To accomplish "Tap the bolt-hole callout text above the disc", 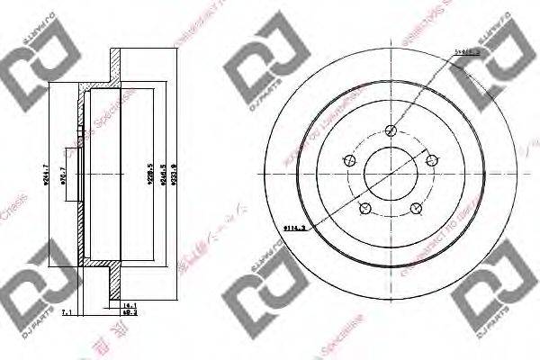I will pos(465,53).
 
